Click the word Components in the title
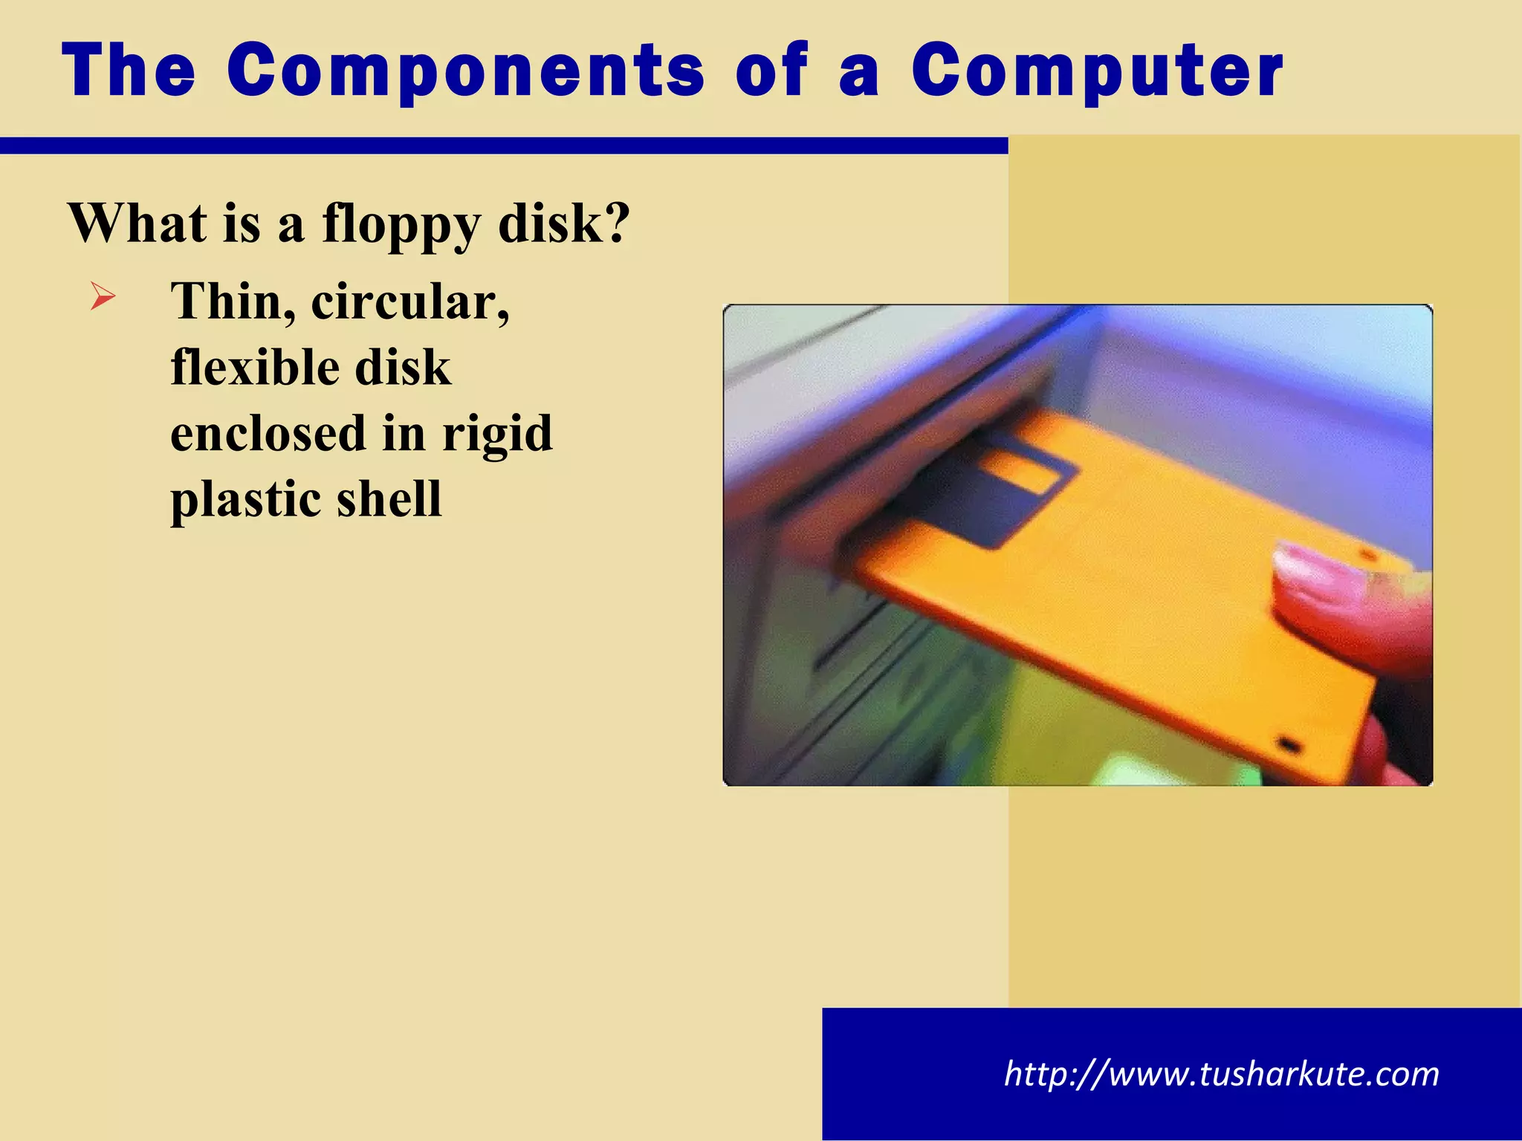pyautogui.click(x=465, y=71)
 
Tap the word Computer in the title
pyautogui.click(x=1097, y=71)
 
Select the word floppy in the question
pyautogui.click(x=401, y=225)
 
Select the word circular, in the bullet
pyautogui.click(x=409, y=302)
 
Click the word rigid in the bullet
pyautogui.click(x=497, y=435)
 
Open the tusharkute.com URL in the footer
pyautogui.click(x=1221, y=1074)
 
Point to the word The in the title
pyautogui.click(x=129, y=71)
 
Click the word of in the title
pyautogui.click(x=771, y=71)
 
